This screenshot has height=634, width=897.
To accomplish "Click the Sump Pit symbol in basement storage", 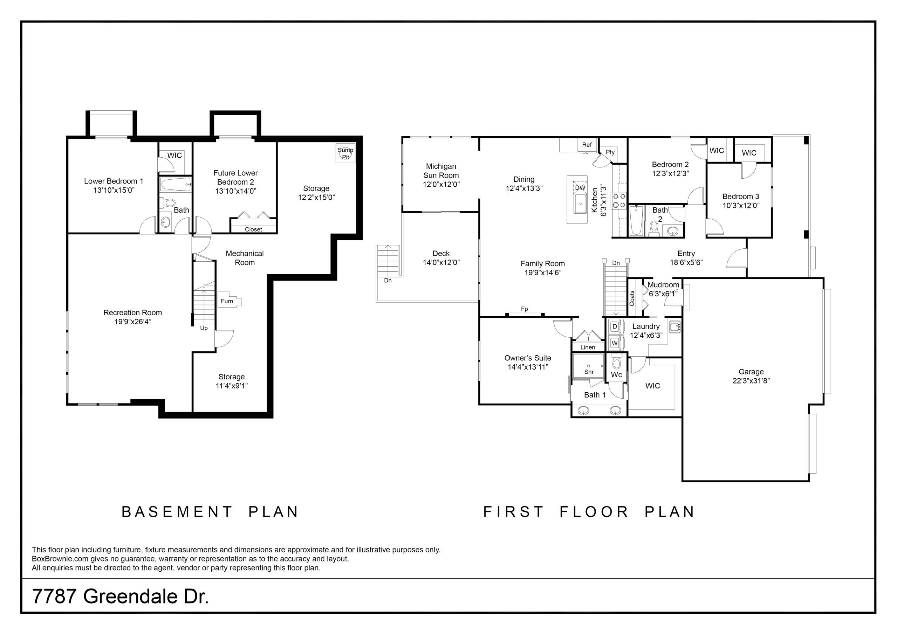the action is coord(346,153).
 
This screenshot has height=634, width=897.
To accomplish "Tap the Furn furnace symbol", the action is coord(229,300).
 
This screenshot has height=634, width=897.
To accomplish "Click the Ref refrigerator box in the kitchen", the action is coord(587,145).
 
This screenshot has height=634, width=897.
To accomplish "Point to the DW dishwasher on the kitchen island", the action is coord(580,188).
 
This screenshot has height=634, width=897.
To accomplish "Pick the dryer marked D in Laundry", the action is coord(615,326).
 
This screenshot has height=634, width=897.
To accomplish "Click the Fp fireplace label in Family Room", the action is coord(524,309).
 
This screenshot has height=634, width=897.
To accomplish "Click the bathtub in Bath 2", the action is coord(636,221).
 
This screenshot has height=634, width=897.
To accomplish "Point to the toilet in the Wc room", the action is coord(616,362).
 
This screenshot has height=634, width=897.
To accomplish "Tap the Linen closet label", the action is coord(588,347).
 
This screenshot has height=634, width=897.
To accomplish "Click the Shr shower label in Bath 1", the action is coord(589,372).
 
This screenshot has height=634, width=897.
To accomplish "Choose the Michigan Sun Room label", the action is coord(441,171).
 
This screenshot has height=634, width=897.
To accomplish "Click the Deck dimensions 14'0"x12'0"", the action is coord(441,262).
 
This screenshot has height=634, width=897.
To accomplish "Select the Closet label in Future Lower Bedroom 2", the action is coord(253,229).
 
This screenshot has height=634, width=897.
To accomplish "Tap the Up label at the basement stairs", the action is coord(204,328).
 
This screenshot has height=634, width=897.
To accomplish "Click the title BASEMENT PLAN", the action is coord(210,512).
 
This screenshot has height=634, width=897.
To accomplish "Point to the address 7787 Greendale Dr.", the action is coord(120,596).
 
